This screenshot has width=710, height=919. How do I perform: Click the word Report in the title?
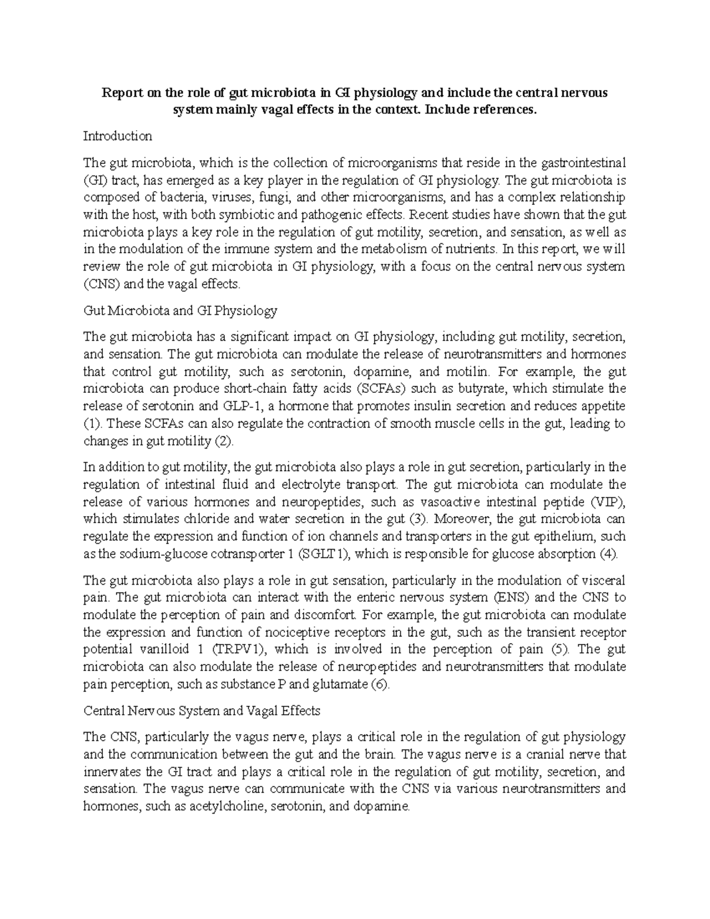click(x=121, y=93)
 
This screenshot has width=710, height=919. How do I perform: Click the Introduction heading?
click(x=117, y=136)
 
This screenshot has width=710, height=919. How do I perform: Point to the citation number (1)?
click(x=92, y=424)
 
